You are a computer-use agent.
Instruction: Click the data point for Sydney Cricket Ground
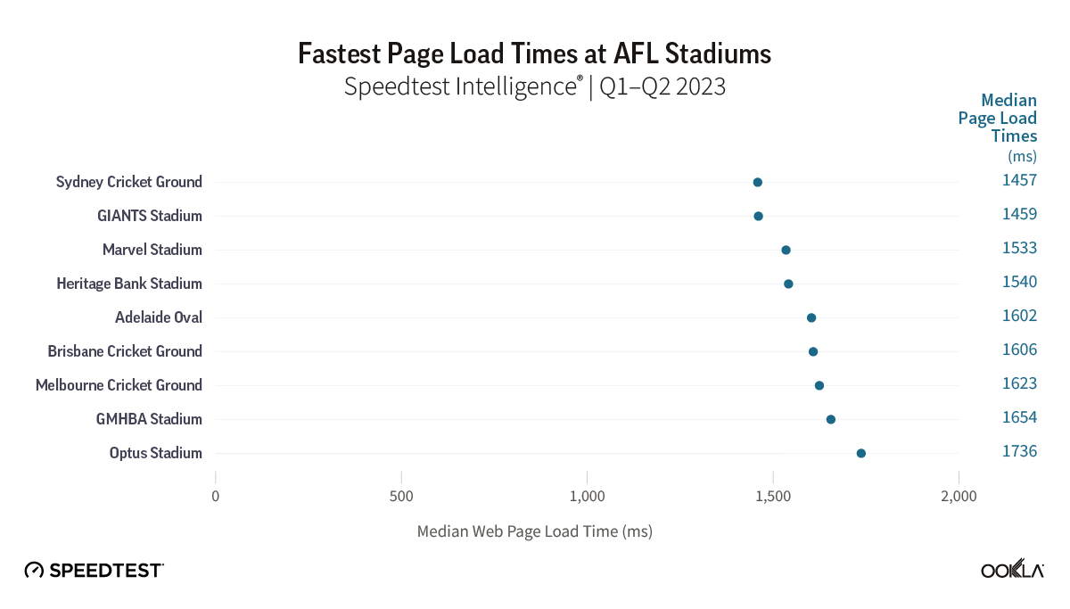[757, 182]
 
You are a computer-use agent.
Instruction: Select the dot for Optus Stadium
[860, 453]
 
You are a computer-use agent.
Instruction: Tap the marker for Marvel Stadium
[786, 250]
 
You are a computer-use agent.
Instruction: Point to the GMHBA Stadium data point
[830, 419]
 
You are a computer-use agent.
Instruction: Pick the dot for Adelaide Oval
[811, 317]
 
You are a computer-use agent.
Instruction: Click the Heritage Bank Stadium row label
[129, 284]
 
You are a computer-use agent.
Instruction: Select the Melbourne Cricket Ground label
[119, 385]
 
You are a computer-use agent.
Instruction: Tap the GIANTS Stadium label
[150, 216]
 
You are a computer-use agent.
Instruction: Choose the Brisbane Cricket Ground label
[125, 351]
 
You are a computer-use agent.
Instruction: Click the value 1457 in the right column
[1019, 180]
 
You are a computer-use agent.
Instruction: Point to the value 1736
[1019, 451]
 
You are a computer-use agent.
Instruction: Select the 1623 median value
[1019, 383]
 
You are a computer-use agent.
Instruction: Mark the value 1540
[1019, 282]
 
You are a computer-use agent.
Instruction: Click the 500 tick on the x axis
[401, 496]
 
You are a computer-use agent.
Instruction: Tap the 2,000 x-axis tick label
[959, 496]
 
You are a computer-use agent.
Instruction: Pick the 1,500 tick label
[772, 496]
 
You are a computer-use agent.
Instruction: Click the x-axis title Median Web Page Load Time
[534, 531]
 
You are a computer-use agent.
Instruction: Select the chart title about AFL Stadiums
[534, 53]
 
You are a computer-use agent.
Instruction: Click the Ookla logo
[1012, 571]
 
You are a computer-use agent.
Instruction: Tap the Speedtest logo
[94, 570]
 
